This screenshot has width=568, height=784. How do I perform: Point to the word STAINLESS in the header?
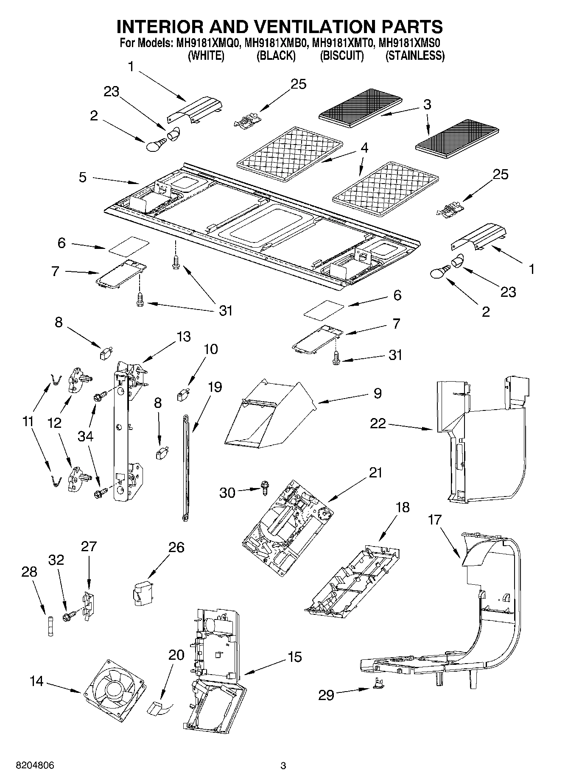[x=415, y=56]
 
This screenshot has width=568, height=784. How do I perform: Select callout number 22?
[x=378, y=423]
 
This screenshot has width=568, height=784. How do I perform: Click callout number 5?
[x=83, y=177]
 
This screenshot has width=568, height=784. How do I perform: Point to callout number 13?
[x=184, y=337]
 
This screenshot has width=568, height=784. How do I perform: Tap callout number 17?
[x=435, y=519]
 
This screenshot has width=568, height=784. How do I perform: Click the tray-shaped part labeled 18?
[x=352, y=583]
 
